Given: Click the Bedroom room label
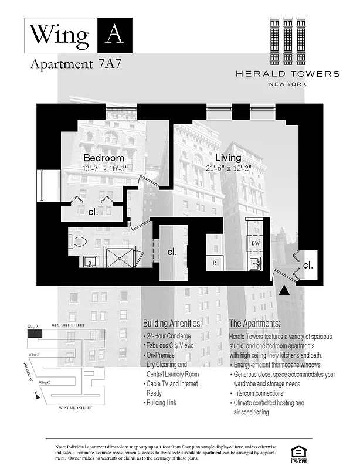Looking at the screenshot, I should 104,158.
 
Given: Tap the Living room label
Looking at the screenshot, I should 227,158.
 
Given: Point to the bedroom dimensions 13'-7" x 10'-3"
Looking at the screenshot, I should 104,168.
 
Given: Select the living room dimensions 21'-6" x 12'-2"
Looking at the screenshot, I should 227,168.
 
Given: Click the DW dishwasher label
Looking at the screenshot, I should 256,242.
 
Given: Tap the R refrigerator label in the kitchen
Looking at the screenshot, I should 215,263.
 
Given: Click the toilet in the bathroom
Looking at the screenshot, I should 78,241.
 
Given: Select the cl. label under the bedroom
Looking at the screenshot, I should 93,212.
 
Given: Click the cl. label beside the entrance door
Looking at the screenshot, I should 308,265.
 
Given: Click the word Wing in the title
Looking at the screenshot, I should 60,35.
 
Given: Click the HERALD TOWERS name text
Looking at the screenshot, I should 287,74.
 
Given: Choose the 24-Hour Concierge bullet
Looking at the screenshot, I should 169,336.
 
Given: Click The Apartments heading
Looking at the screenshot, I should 254,324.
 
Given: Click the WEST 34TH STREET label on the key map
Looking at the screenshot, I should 65,325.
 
